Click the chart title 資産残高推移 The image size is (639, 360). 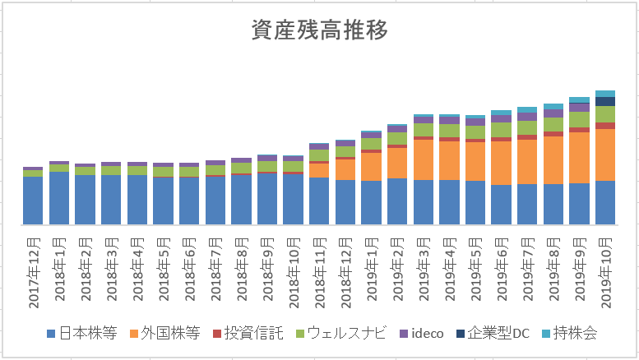point(319,30)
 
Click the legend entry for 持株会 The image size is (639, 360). point(574,333)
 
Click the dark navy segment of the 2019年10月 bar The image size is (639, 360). point(605,101)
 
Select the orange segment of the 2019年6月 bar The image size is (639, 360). point(501,163)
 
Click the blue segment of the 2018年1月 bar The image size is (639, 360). point(59,197)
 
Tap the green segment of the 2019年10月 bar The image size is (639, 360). point(605,114)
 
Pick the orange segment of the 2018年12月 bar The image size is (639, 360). point(345,168)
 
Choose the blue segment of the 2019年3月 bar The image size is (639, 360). point(424,201)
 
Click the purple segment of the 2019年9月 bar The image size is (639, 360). point(579,107)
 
